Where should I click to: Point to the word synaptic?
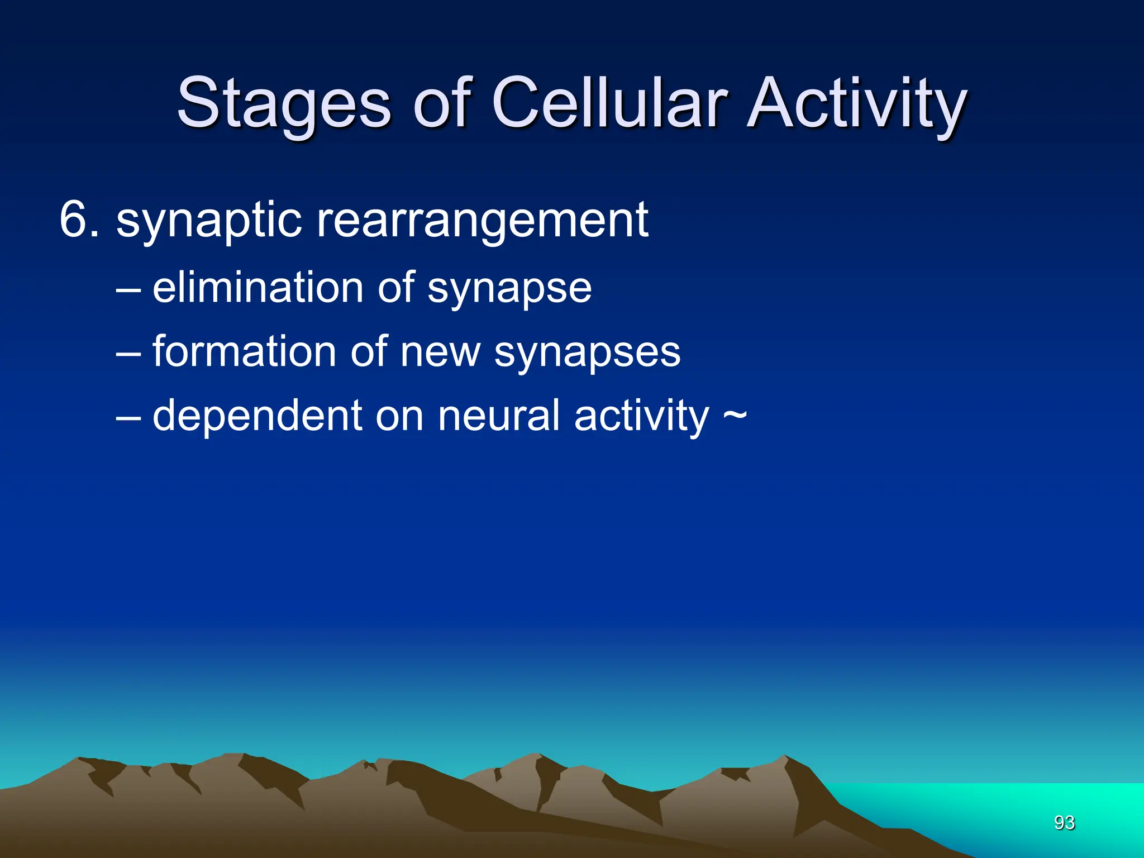[209, 222]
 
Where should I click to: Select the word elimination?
[258, 288]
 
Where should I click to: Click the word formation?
[245, 352]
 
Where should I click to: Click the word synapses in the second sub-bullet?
[587, 354]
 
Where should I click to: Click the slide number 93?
[1064, 823]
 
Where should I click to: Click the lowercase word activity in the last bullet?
[641, 418]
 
